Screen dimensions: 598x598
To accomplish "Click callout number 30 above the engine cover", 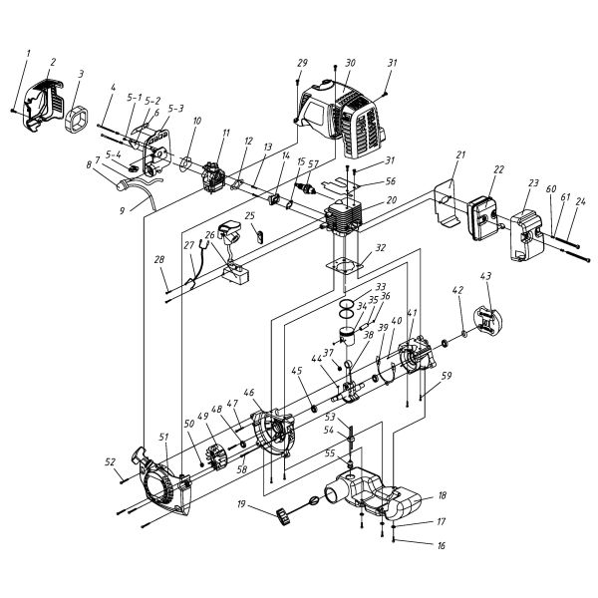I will click(x=350, y=63).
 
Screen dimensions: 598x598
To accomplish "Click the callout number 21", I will click(x=460, y=155).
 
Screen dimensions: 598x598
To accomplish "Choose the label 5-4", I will click(x=115, y=154).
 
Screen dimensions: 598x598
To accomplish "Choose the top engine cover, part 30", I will click(x=344, y=115).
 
